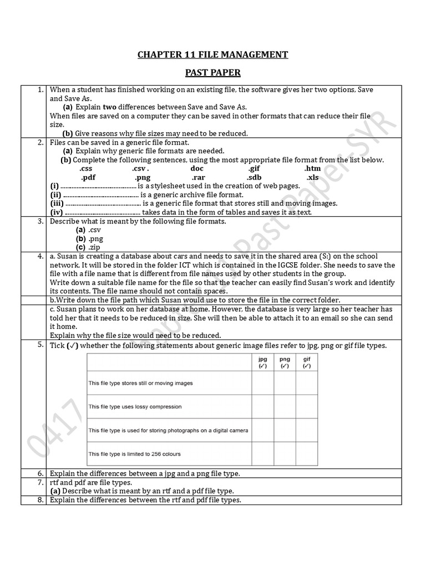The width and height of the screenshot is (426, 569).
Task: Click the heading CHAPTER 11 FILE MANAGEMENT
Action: click(212, 54)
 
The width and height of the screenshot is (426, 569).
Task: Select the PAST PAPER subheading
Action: click(212, 73)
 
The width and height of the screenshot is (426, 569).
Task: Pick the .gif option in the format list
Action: click(254, 168)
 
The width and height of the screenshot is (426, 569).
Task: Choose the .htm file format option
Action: click(312, 168)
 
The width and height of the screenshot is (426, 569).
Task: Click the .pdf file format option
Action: click(88, 177)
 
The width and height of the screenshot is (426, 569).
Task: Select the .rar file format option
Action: click(199, 177)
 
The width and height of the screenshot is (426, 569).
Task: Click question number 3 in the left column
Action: click(40, 221)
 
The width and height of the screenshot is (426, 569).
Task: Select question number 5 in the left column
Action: click(40, 345)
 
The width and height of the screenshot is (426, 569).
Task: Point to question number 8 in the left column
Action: click(40, 500)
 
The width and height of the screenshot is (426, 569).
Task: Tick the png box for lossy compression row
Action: click(285, 407)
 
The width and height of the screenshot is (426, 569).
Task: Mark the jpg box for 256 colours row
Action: click(262, 453)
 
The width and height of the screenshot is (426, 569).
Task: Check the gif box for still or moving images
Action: click(307, 383)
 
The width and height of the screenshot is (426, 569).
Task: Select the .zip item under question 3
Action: click(94, 247)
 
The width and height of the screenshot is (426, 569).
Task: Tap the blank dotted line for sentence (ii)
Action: click(101, 195)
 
